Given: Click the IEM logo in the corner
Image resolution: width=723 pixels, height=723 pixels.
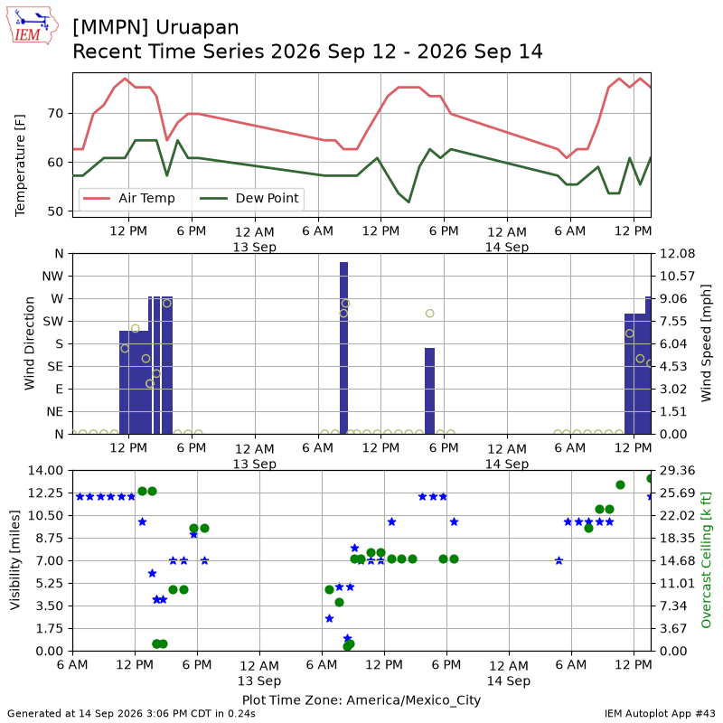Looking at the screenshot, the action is point(32,26).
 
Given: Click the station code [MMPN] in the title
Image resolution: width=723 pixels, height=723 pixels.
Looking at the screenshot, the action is point(110,28).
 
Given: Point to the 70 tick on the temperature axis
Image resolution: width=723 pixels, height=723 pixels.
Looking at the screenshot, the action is point(56,114).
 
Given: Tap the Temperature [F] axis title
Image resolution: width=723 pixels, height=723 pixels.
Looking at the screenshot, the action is point(20,165).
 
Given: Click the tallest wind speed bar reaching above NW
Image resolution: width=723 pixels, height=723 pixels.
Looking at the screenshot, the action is point(343,348).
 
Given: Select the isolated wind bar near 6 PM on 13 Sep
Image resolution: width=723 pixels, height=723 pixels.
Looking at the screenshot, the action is point(429,391).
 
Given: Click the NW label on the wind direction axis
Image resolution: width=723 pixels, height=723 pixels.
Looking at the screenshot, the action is point(52,277).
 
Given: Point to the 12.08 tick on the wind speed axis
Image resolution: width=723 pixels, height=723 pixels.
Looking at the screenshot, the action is point(677,254).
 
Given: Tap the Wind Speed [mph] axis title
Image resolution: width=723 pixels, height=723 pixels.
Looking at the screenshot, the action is point(706,343).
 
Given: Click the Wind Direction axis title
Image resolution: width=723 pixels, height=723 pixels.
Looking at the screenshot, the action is point(30,343).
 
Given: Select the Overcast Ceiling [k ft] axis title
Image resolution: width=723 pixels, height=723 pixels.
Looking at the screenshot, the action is point(706,560).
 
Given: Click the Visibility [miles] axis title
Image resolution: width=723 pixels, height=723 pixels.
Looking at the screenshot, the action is point(15,560).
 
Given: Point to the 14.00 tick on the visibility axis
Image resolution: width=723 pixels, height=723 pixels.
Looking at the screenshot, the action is point(45,471).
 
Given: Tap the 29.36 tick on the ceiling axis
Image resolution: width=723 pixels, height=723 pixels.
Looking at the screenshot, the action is point(677,471).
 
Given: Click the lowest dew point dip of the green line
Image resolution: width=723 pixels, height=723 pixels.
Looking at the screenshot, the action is point(408,202).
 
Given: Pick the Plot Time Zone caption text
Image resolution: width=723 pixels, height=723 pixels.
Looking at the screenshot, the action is point(361,700).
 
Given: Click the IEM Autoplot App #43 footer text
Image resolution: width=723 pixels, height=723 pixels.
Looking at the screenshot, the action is point(660,713).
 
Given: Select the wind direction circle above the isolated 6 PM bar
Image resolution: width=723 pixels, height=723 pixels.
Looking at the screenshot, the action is point(430,314).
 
